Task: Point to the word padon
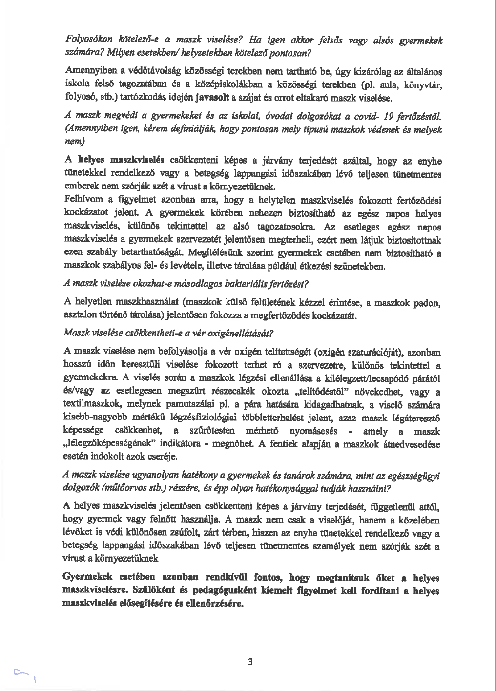428,303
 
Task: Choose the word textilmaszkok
93,405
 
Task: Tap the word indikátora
186,445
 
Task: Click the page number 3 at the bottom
250,662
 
